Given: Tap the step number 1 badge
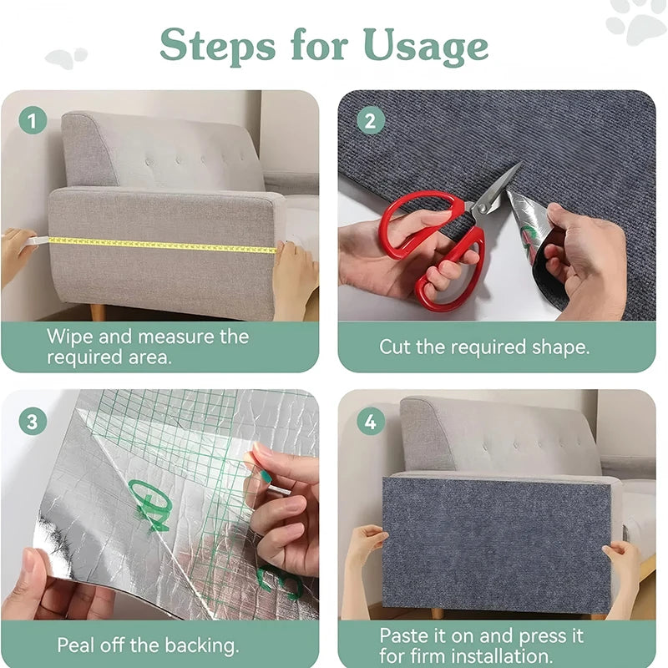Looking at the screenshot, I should tap(33, 121).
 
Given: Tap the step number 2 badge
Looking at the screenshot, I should tap(369, 121).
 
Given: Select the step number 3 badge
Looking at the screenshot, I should tap(33, 421).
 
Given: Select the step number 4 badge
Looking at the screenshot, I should tap(369, 421).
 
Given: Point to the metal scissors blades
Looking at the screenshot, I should tap(496, 190).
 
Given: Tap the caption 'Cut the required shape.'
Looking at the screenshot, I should tap(484, 347).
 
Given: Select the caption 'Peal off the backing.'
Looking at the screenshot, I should tap(148, 645).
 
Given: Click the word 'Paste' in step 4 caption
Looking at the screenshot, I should tap(405, 636).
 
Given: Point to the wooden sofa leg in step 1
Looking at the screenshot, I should tap(98, 312).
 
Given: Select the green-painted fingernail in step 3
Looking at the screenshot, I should tap(265, 477).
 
